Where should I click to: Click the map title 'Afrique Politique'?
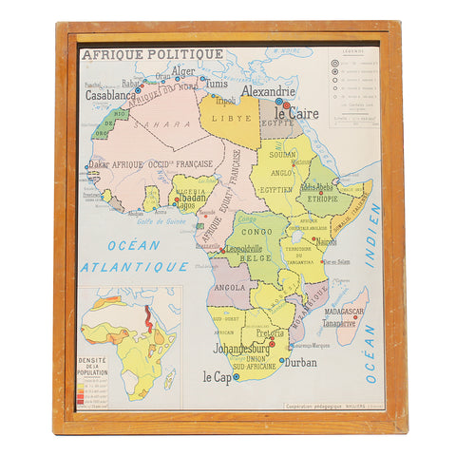point(152,54)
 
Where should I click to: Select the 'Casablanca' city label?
point(110,95)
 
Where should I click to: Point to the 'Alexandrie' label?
point(268,92)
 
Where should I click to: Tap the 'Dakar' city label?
point(99,163)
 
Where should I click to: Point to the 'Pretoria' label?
point(270,332)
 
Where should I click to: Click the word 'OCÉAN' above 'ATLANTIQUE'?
point(133,245)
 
